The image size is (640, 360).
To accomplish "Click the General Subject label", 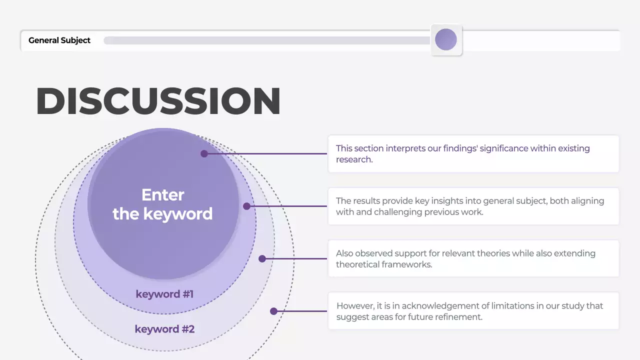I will [59, 40].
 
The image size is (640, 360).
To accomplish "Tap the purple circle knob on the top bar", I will [446, 39].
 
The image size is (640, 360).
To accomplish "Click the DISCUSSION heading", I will [158, 101].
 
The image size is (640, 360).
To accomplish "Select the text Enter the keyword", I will [162, 204].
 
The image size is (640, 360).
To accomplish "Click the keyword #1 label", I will [164, 294].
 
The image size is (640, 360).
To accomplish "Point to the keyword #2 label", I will [164, 329].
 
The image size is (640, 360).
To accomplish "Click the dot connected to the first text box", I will [204, 153].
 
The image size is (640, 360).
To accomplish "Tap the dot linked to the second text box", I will [246, 206].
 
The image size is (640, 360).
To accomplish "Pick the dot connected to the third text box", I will [262, 258].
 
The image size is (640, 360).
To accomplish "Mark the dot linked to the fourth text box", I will [273, 311].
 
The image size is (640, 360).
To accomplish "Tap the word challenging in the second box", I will [401, 212].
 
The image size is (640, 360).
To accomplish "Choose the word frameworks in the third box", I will [407, 264].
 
